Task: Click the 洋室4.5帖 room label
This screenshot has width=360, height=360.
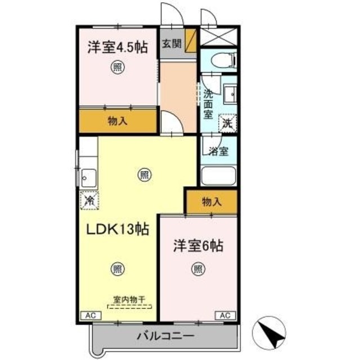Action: click(x=117, y=47)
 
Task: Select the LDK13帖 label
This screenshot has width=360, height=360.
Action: click(x=116, y=229)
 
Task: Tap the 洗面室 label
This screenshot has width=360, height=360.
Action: click(x=208, y=104)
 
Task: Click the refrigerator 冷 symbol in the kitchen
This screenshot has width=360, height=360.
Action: click(x=89, y=199)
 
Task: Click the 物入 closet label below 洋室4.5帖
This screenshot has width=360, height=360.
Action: click(x=116, y=121)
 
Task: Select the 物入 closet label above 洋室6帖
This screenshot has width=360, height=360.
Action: click(x=211, y=201)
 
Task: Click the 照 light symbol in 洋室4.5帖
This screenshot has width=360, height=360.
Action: click(x=118, y=68)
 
